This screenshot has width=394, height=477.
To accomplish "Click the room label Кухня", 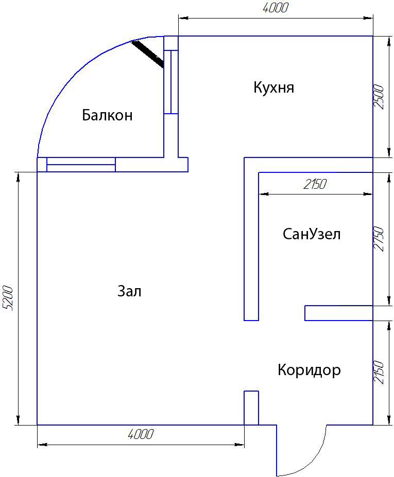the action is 273,87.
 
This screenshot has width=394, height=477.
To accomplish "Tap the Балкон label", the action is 107,115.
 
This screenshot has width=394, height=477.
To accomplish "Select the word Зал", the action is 129,291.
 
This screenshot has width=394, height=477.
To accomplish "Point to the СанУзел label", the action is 312,234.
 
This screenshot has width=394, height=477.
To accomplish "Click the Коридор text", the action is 309,370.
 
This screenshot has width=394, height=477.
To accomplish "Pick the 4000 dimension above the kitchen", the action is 275,8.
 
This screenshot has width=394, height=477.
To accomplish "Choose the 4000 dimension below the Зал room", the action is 141,434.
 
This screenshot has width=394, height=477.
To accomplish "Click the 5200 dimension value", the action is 8,298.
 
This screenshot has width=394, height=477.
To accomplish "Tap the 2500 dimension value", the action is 379,97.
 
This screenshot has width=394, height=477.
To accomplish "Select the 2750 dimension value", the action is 379,239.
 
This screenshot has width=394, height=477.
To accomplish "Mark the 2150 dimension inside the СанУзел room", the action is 315,184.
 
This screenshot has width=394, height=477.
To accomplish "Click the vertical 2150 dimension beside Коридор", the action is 379,373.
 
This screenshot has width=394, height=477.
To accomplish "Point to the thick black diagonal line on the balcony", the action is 148,54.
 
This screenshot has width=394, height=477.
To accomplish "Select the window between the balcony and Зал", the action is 81,165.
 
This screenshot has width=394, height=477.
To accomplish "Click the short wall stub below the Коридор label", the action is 251,408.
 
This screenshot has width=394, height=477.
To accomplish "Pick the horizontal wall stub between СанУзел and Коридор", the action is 339,313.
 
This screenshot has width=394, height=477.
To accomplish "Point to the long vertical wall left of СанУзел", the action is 251,239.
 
